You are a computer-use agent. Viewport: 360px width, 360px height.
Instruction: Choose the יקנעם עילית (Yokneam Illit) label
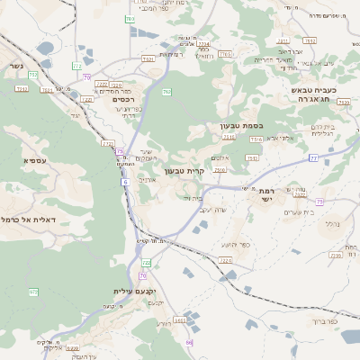pos(135,292)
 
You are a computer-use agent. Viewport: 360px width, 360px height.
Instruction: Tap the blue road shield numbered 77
pos(313,157)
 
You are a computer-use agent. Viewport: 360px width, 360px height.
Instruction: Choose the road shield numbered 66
pos(190,343)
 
